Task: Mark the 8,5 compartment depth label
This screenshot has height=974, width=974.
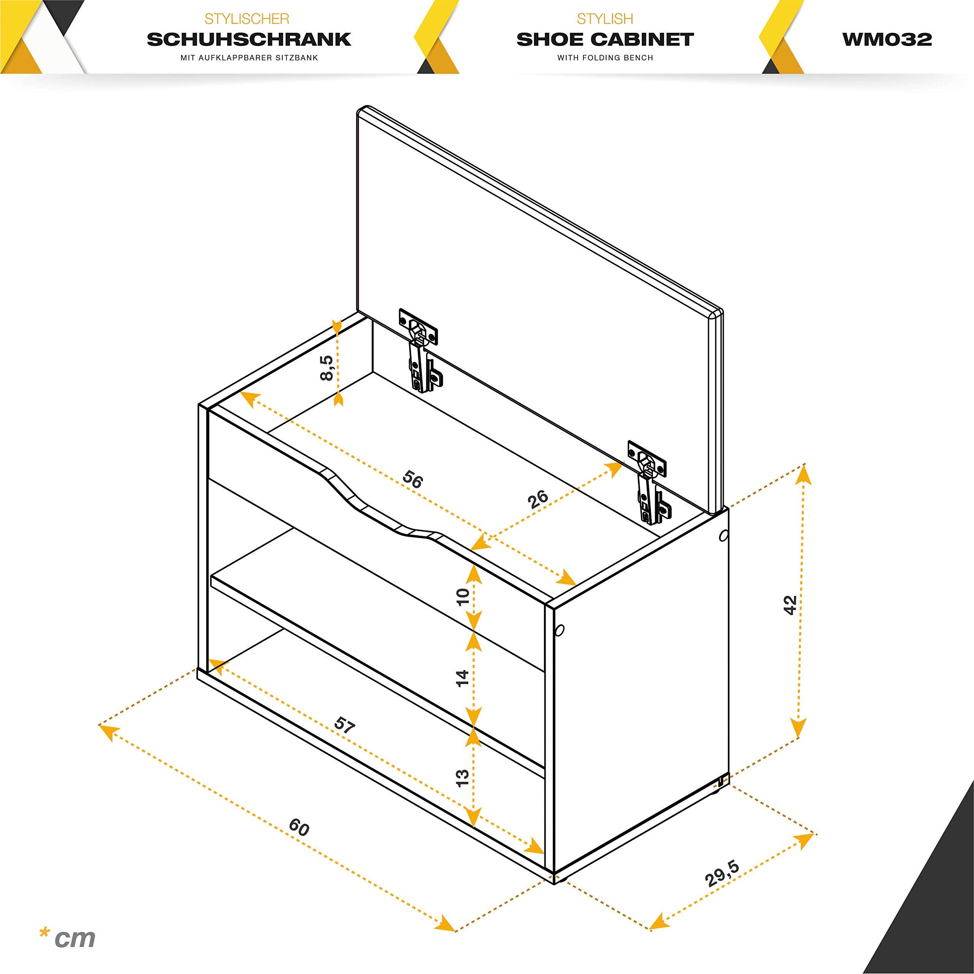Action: point(326,368)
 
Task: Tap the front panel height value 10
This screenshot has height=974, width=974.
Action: point(462,597)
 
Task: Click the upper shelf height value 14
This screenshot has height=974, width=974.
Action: point(462,678)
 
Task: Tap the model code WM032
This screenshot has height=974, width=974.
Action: point(887,39)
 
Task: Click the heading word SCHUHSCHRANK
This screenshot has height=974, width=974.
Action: point(249,39)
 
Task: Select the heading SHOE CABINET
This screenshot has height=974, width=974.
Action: point(605,39)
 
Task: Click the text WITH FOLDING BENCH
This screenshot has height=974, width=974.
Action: point(605,58)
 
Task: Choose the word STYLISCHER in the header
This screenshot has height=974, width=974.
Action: point(247,19)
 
